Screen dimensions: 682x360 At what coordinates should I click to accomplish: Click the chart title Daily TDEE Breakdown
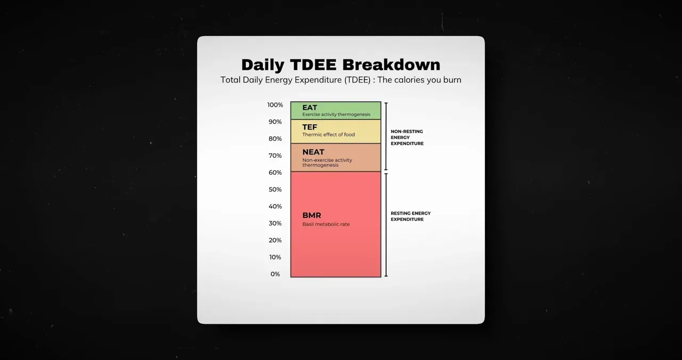(340, 65)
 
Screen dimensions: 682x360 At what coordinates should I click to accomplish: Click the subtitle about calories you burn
(340, 80)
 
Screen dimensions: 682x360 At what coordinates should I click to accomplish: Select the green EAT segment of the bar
(336, 110)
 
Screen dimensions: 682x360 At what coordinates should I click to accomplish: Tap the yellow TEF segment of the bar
(336, 132)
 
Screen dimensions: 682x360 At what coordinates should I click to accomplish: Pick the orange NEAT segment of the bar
(336, 157)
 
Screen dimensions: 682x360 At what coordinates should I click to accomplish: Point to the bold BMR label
(312, 215)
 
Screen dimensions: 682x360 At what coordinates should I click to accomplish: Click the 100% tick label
(275, 105)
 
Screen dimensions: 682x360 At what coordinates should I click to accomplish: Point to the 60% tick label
(275, 173)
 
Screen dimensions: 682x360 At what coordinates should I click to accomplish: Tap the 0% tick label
(275, 274)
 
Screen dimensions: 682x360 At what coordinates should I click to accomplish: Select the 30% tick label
(275, 223)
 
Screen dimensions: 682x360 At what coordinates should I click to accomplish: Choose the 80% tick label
(275, 139)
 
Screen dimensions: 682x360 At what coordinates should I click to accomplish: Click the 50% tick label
(275, 190)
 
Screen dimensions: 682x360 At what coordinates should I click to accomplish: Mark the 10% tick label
(275, 257)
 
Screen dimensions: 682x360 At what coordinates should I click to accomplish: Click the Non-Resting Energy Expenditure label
(407, 137)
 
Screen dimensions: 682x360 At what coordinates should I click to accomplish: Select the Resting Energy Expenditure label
(411, 216)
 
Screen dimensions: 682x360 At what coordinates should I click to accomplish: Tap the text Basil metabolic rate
(326, 224)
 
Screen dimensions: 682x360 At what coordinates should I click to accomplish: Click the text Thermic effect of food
(329, 135)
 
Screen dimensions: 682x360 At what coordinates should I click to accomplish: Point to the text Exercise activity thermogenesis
(336, 114)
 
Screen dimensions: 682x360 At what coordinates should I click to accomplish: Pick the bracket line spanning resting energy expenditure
(386, 225)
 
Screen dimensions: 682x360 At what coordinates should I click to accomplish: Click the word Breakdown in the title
(391, 65)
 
